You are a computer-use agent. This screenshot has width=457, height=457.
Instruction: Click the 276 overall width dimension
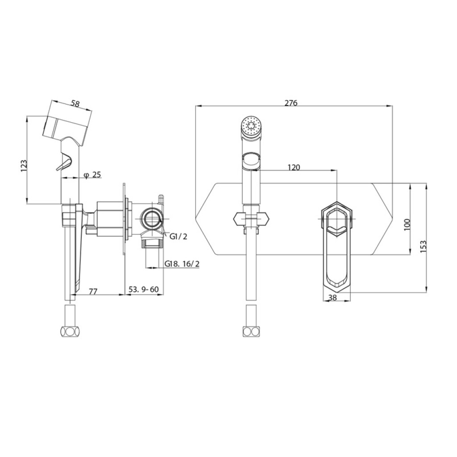291,103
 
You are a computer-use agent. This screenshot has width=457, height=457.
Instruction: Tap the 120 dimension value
294,168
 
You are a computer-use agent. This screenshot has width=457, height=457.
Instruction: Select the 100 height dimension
407,224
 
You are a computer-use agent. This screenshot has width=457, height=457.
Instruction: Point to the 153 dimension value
424,246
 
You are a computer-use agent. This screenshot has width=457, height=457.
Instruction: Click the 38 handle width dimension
332,298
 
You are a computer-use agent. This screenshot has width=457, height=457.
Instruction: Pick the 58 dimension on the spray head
75,104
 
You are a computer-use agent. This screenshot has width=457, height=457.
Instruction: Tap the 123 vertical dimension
24,166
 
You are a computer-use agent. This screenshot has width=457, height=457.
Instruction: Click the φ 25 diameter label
92,174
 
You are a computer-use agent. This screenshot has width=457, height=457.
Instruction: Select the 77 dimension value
93,291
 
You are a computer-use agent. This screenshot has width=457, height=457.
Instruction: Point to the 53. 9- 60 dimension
143,289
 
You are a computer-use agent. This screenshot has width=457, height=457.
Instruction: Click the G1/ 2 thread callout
178,237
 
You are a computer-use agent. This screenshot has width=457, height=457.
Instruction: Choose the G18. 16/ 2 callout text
182,264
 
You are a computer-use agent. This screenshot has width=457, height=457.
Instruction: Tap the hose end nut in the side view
70,332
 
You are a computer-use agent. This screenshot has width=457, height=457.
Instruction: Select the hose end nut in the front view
251,332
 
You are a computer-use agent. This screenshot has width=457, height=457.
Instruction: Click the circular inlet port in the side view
151,219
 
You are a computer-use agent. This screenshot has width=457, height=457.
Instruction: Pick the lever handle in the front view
337,246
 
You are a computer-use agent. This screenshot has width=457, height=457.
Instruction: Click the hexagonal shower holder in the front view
251,219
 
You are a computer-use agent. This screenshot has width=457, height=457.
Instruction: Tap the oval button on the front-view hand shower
251,161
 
